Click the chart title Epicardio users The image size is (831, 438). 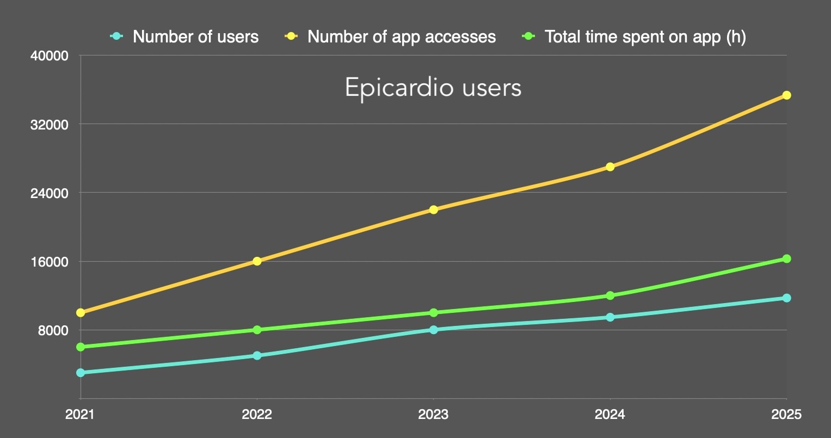[433, 88]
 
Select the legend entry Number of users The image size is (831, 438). [195, 37]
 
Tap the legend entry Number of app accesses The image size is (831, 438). [402, 37]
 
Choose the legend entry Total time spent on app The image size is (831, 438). [645, 37]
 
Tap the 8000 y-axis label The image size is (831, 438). [53, 330]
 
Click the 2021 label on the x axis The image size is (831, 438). [79, 415]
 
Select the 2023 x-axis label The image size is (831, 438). [433, 415]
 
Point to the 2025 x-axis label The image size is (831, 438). [786, 415]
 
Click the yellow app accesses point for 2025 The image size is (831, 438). [786, 95]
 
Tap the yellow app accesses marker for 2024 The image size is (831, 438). [610, 166]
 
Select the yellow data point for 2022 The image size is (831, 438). [257, 261]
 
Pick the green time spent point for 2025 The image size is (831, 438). [786, 258]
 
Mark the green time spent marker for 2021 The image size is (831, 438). [81, 347]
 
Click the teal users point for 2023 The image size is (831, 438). [433, 330]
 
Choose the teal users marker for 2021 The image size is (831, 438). [81, 373]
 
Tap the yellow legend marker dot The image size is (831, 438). [291, 37]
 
